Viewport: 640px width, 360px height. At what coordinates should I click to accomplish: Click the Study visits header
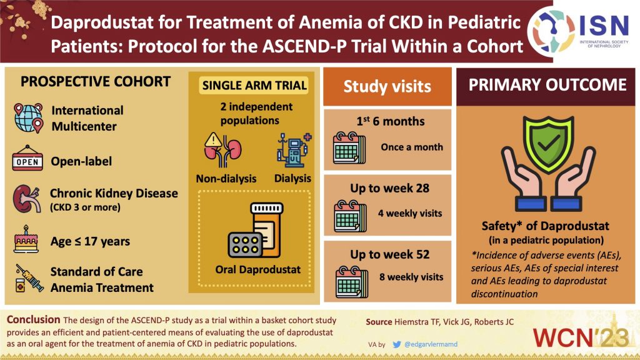click(x=387, y=86)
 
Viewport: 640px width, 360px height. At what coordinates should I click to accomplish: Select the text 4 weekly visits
click(x=410, y=213)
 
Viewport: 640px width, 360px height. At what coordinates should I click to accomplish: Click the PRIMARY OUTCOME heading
click(x=547, y=85)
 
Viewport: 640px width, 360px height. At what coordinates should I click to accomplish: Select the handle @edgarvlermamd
click(x=431, y=344)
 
